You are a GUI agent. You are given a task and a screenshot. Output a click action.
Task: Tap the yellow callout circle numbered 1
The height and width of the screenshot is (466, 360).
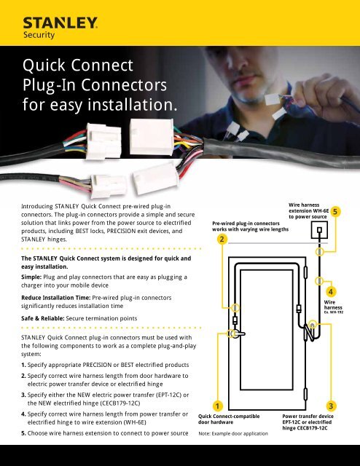coord(216,405)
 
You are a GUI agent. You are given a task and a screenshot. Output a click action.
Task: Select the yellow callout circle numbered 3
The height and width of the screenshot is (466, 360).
coord(332,405)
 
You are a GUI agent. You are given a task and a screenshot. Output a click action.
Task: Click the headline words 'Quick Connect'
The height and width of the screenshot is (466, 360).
coord(69,72)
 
